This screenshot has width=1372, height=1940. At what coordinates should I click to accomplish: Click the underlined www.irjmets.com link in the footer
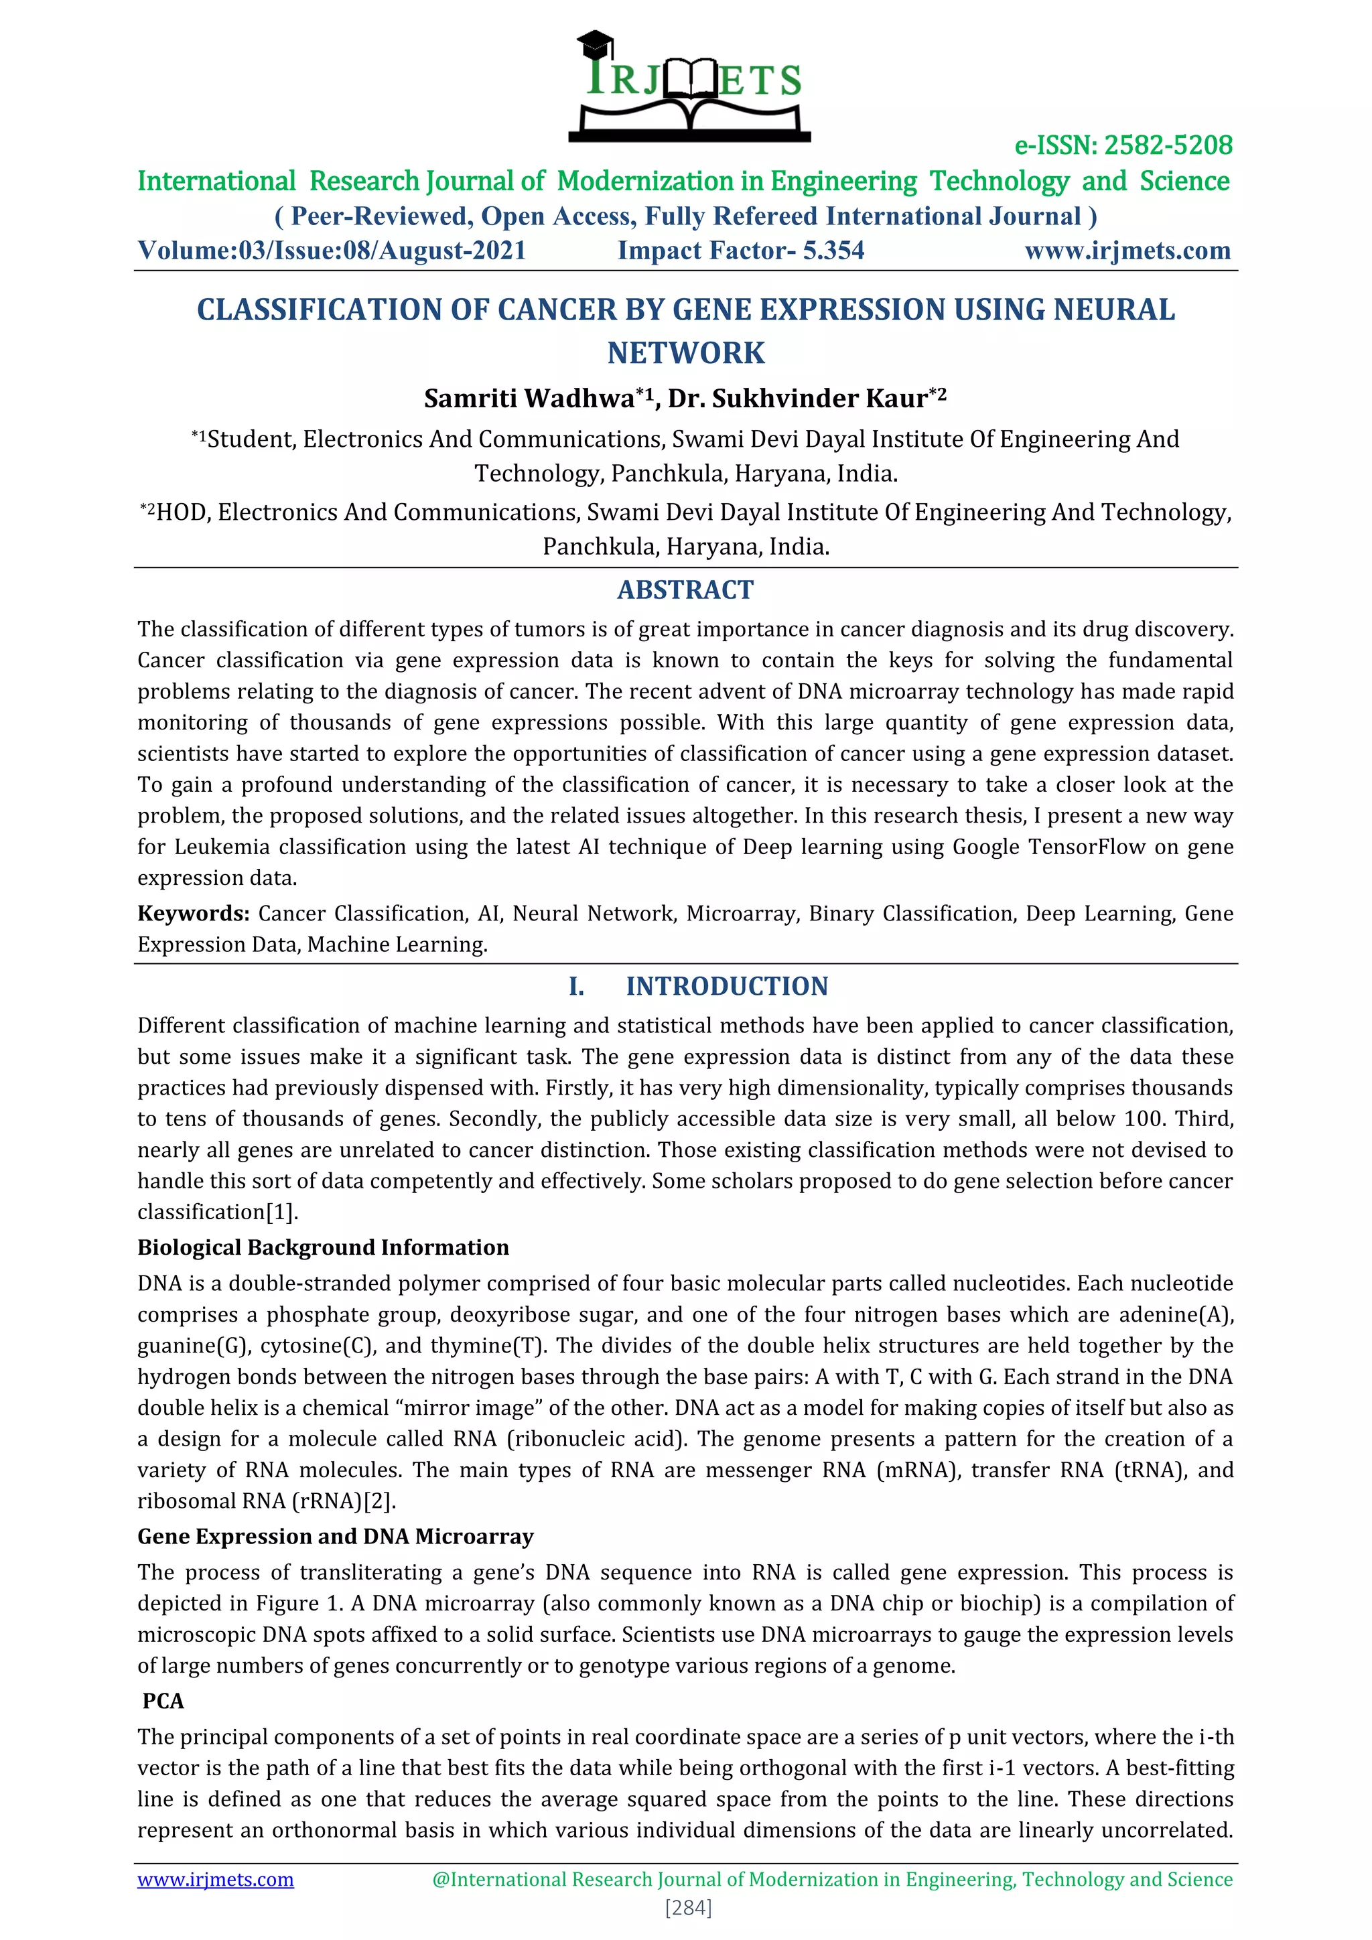(x=216, y=1879)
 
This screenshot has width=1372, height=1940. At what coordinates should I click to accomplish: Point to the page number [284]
(x=689, y=1908)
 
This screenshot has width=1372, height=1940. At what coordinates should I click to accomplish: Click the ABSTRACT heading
(x=685, y=590)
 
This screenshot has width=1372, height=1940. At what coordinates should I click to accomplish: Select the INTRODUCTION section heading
(x=727, y=986)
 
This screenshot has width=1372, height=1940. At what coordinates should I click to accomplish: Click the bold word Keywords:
(x=193, y=913)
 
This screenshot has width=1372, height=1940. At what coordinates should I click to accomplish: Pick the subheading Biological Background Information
(x=323, y=1247)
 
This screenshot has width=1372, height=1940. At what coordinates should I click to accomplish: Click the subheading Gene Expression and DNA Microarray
(x=336, y=1536)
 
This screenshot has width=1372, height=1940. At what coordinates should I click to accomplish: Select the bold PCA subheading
(x=163, y=1701)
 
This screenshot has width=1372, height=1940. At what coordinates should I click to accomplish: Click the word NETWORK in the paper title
(x=685, y=352)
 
